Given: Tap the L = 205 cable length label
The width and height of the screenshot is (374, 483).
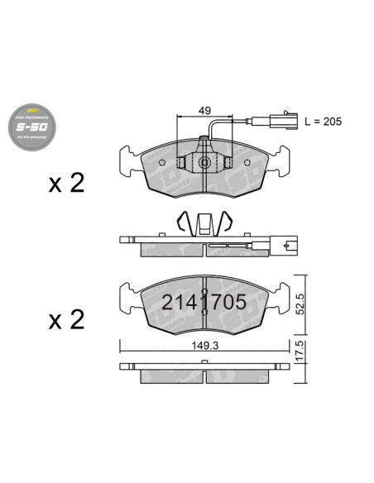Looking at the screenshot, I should click(322, 121).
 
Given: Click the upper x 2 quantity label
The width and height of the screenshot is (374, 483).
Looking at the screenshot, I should click(66, 183).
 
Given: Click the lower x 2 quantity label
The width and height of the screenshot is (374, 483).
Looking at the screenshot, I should click(66, 320).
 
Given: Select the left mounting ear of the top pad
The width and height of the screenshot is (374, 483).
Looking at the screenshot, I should click(130, 159).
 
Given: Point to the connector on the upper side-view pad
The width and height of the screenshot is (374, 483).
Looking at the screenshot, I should click(289, 245).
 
